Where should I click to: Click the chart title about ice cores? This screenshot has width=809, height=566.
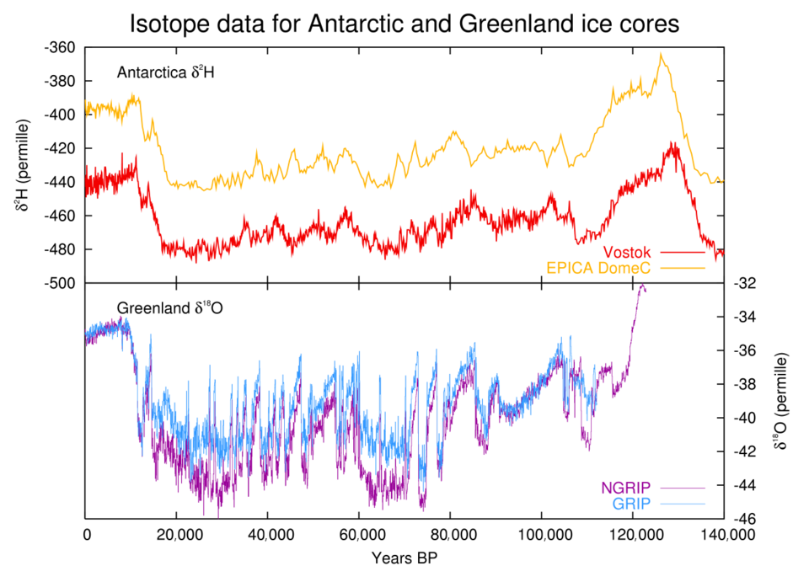404,23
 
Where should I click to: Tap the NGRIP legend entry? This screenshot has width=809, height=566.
628,487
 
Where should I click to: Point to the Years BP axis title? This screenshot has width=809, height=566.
404,556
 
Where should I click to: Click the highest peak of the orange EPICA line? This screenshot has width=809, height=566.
662,55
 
